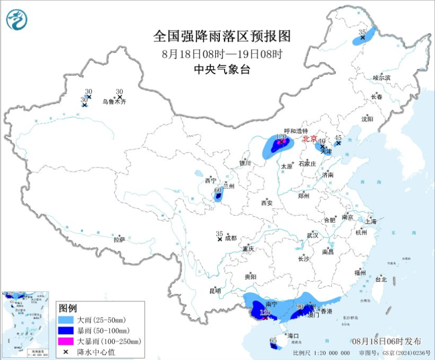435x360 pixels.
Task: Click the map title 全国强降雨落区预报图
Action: click(222, 35)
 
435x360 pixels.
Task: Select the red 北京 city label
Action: click(310, 139)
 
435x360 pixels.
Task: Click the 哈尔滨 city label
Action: click(381, 78)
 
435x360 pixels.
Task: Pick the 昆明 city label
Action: click(215, 291)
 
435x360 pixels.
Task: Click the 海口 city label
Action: click(292, 336)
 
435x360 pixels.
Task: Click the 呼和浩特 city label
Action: click(295, 131)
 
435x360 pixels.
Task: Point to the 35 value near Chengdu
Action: click(219, 233)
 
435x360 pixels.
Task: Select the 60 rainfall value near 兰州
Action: click(217, 190)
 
